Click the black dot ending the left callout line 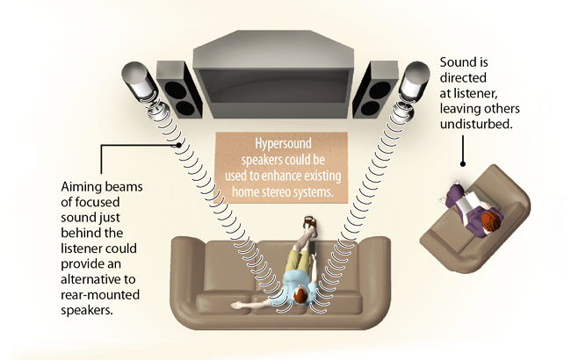180,145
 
